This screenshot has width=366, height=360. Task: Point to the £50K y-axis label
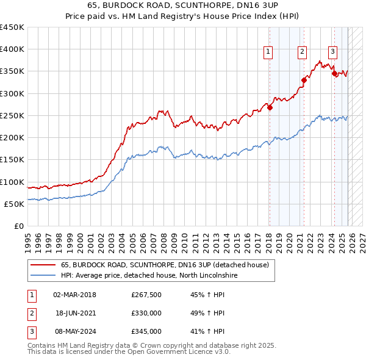coord(13,204)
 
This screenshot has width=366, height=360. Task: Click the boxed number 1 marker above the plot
coord(268,52)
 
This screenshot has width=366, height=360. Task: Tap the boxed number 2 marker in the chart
coord(302,52)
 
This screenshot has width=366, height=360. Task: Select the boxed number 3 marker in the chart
coord(332,52)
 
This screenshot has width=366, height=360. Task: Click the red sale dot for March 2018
coord(270,107)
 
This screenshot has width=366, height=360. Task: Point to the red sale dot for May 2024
coord(334,74)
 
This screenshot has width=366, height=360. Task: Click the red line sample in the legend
coord(42,265)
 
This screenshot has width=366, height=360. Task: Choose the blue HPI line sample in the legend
coord(42,275)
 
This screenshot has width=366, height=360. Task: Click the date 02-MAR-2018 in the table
coord(74,295)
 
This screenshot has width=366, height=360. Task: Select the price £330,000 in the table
coord(146,314)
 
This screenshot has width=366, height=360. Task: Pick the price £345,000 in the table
coord(146,331)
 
